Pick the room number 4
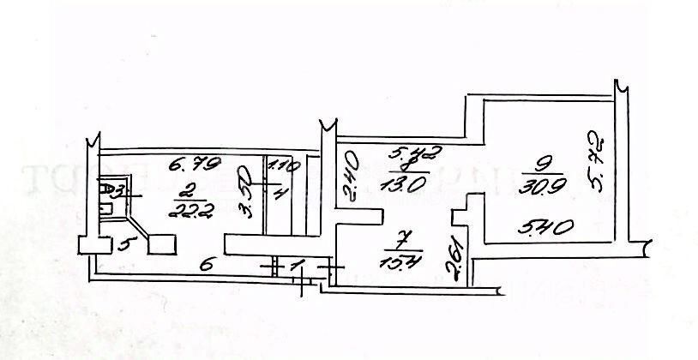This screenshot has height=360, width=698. pos(277,193)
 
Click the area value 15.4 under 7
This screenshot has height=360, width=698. pos(406,255)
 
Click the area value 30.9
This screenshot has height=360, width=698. pos(541,184)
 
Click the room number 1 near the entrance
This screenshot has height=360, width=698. pos(297,268)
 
